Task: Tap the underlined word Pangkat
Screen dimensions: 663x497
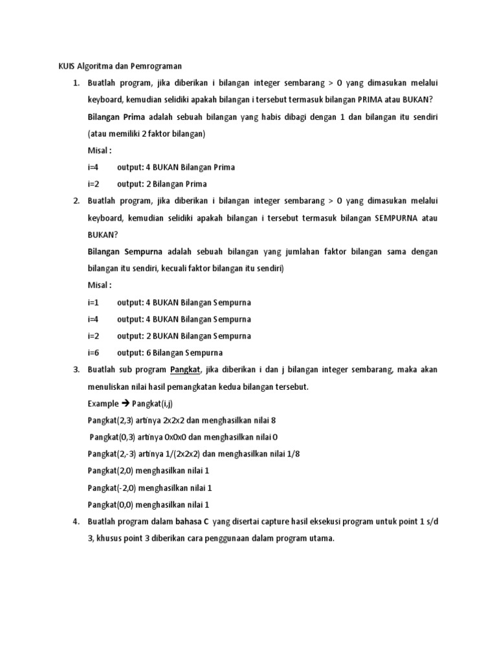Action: (186, 370)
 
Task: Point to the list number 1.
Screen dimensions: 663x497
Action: (76, 83)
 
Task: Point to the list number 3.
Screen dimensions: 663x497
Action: (76, 370)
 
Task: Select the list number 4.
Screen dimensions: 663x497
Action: (76, 521)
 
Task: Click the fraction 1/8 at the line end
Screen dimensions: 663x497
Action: (293, 454)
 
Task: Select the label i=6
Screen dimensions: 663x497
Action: (93, 353)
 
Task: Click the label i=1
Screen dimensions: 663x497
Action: (93, 302)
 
